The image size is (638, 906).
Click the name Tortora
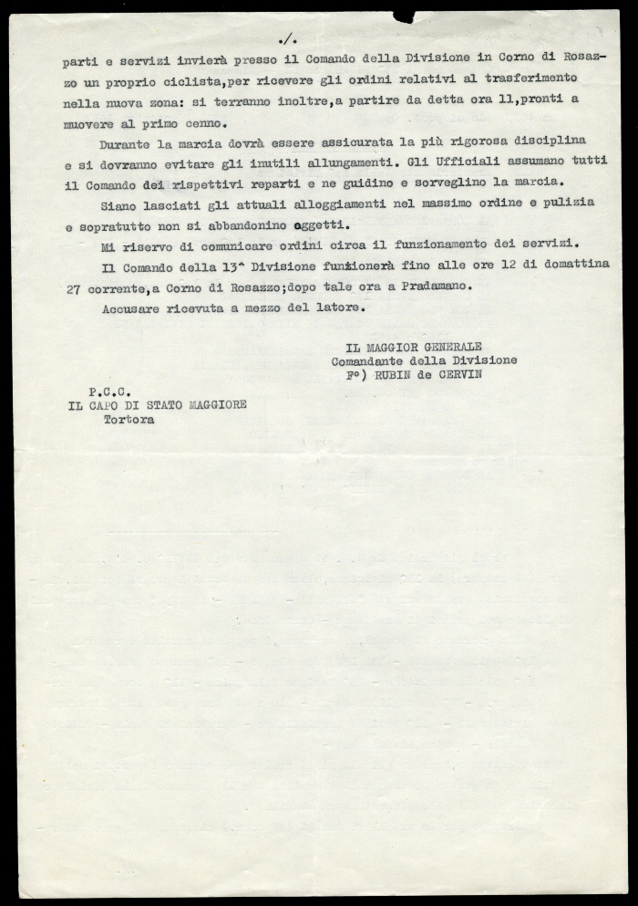click(129, 421)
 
